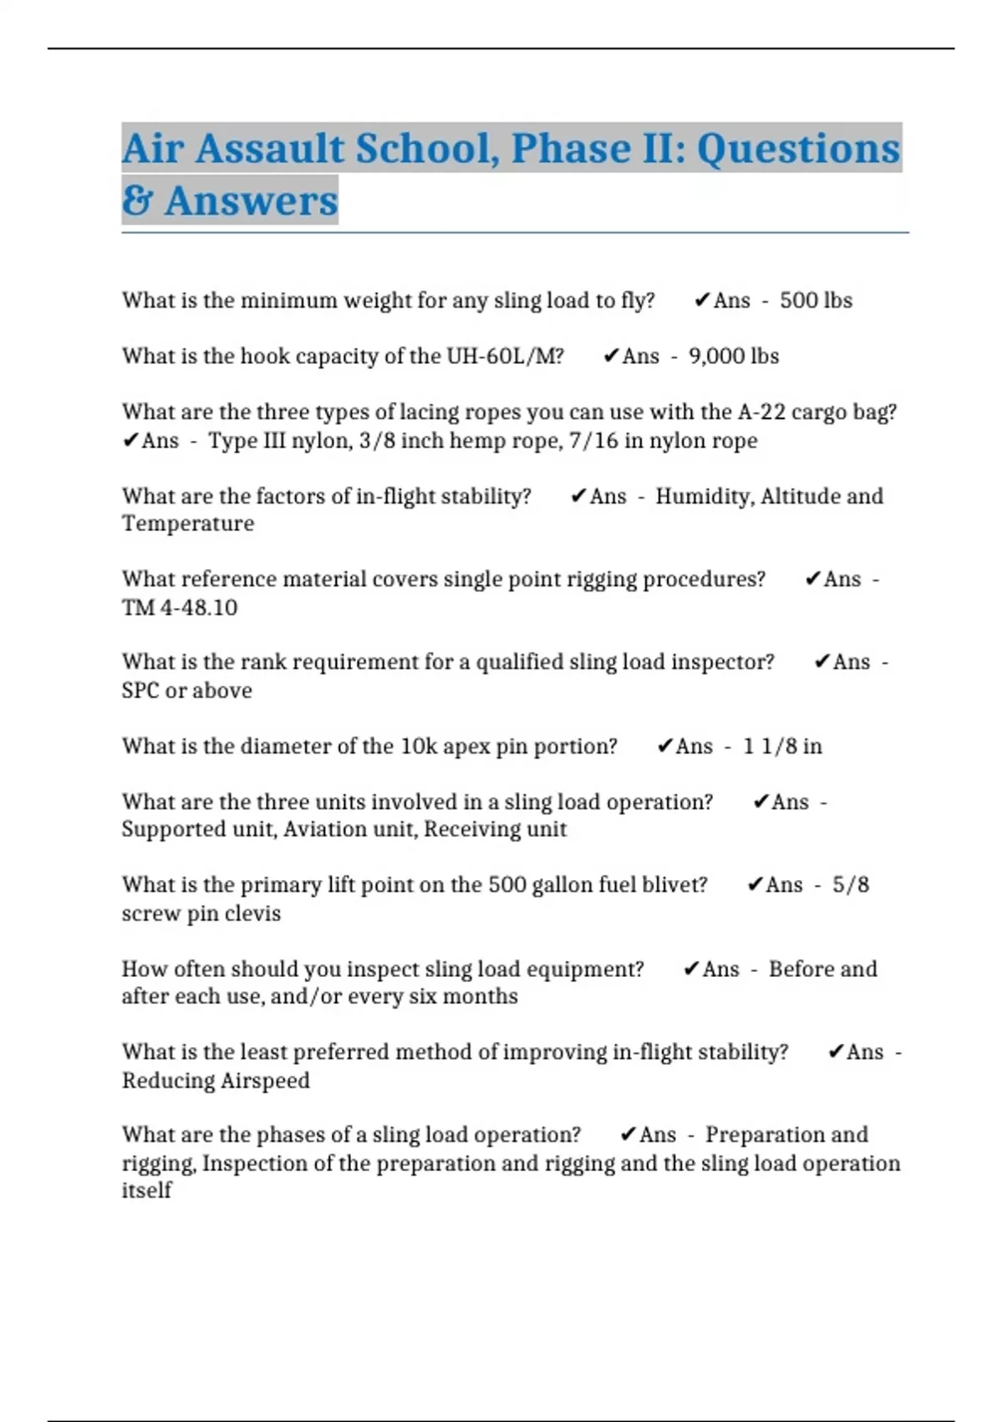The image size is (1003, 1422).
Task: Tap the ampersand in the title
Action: point(136,201)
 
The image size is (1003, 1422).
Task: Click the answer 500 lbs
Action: point(816,300)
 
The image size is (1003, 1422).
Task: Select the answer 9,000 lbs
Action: point(734,356)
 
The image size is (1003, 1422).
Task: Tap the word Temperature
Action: point(188,524)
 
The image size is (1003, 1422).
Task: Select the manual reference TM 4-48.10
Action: point(180,607)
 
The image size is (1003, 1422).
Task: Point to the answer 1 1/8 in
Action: point(782,746)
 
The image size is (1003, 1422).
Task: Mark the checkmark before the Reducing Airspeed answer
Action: point(835,1052)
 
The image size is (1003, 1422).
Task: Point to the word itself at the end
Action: point(146,1190)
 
